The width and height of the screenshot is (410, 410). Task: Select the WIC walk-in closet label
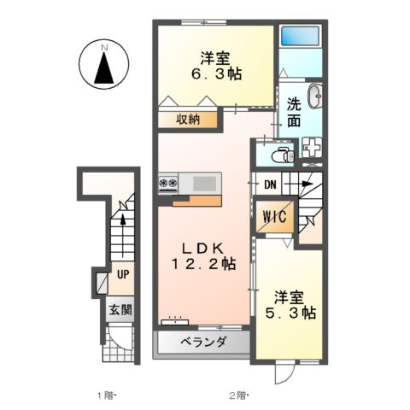275,217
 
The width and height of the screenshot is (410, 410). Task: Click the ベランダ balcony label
203,343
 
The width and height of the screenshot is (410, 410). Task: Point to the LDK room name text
202,243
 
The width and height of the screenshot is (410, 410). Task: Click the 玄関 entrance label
120,309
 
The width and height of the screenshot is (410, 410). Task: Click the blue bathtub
299,37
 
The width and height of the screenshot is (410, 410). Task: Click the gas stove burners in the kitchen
167,183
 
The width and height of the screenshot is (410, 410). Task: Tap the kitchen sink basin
205,183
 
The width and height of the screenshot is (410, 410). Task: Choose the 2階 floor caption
237,395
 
